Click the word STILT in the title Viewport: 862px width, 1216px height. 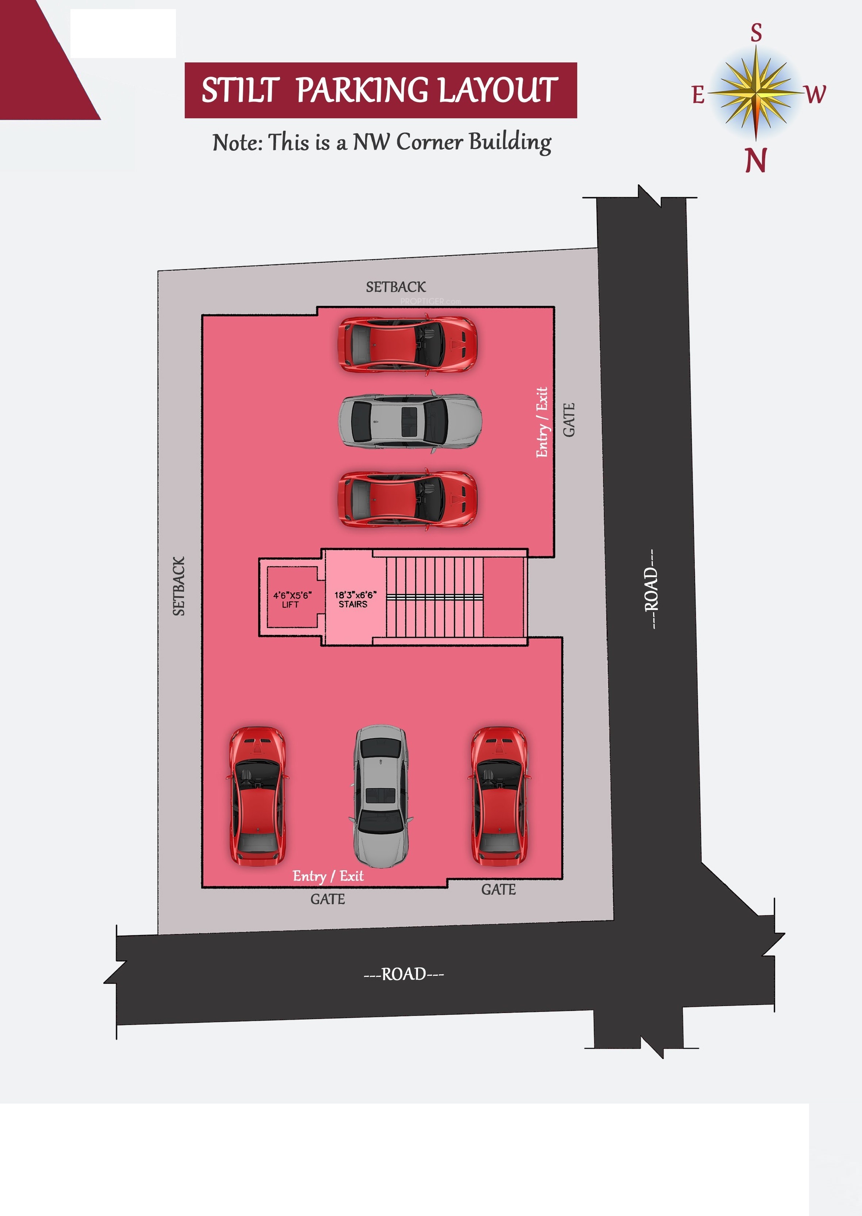[x=240, y=90]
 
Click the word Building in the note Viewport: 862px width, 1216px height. [x=510, y=143]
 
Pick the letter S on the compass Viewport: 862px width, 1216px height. [x=756, y=33]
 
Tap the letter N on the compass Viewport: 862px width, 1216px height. [x=756, y=160]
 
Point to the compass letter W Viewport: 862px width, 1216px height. [x=815, y=95]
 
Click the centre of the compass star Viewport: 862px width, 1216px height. [x=756, y=93]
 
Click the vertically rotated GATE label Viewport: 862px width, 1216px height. [x=568, y=420]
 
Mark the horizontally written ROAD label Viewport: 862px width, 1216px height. [x=403, y=974]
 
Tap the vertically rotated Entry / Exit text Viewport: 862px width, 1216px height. [x=541, y=422]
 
